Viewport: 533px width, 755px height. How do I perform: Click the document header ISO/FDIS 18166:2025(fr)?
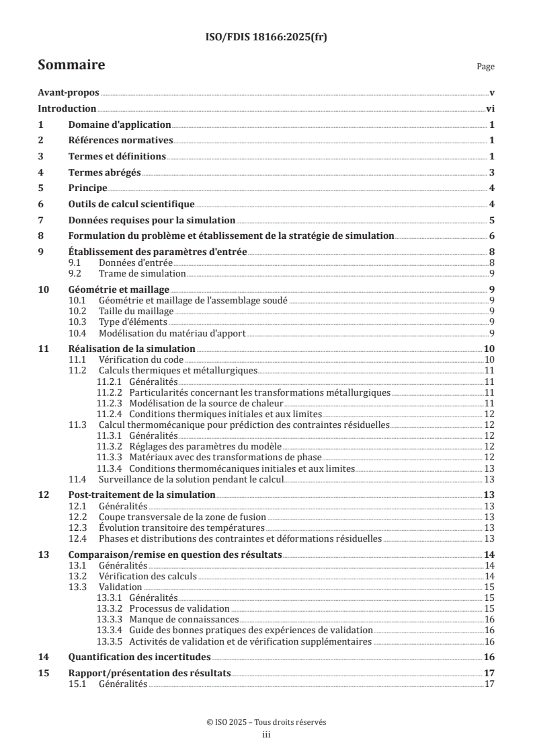(266, 38)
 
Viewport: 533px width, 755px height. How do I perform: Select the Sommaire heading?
(71, 65)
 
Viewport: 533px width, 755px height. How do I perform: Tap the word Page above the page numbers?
(485, 67)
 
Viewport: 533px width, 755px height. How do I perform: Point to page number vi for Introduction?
(491, 109)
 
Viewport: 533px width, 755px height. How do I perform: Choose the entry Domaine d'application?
(120, 125)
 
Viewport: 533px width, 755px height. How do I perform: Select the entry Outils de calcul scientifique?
(132, 205)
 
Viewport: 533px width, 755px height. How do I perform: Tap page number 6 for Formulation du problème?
(492, 236)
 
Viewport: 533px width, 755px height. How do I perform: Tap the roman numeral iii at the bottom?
(266, 735)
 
